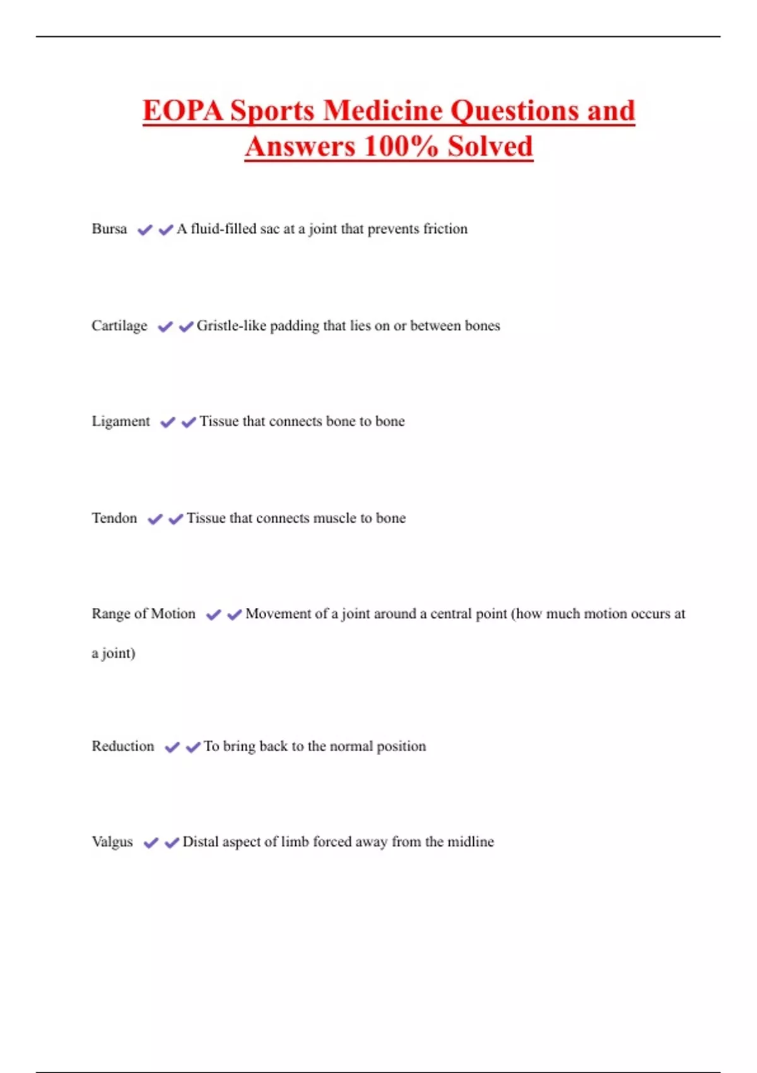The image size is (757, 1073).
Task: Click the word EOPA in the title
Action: (x=183, y=110)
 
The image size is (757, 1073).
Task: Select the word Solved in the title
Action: (x=490, y=146)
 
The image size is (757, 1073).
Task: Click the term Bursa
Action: (x=109, y=228)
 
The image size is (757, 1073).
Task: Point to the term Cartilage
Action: (x=119, y=326)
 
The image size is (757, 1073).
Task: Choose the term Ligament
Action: (x=120, y=421)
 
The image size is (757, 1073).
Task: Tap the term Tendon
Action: (x=114, y=518)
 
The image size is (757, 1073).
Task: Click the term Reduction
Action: (x=123, y=746)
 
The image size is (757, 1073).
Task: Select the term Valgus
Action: (x=112, y=842)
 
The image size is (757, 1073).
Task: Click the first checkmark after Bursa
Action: (x=145, y=230)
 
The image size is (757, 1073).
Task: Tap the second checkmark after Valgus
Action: (x=172, y=843)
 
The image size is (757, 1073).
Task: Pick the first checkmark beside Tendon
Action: (x=155, y=519)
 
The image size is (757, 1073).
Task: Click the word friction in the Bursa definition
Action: (x=445, y=228)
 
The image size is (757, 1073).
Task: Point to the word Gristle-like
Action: (x=231, y=326)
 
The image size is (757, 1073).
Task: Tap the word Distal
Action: (x=200, y=842)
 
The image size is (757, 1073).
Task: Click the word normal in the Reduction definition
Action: (x=351, y=746)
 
